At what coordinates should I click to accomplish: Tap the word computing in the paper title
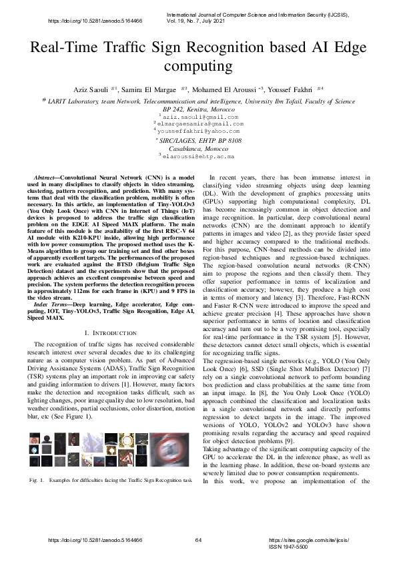[x=198, y=67]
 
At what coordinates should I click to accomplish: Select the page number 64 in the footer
[x=198, y=539]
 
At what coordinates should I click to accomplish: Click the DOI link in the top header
[x=96, y=21]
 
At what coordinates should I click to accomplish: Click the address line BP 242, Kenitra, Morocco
[x=198, y=109]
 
